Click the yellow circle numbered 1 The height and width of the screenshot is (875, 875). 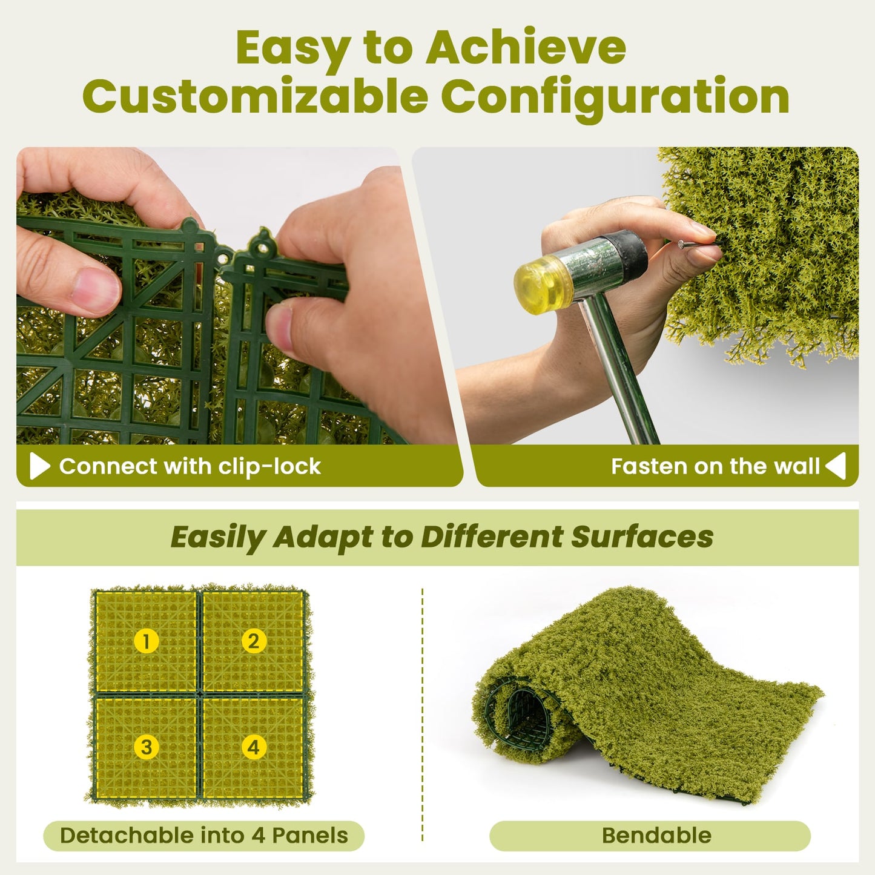tap(146, 641)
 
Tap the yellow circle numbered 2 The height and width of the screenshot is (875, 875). tap(254, 641)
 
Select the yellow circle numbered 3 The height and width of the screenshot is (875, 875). tap(146, 747)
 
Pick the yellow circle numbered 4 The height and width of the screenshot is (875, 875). tap(254, 747)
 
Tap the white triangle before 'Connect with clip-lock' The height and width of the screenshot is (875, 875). tap(39, 466)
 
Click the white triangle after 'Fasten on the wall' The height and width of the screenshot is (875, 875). tap(836, 466)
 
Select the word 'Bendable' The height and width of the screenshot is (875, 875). tap(656, 836)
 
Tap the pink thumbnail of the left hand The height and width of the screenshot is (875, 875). tap(95, 289)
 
